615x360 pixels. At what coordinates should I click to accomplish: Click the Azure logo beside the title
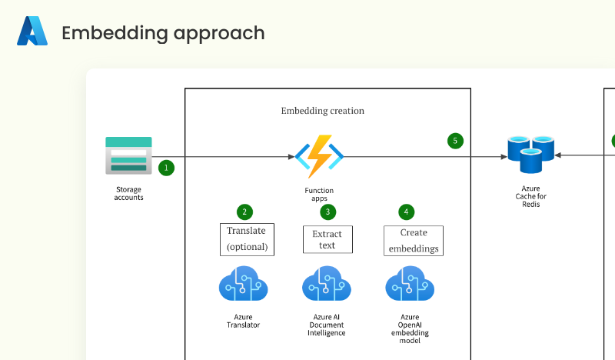[32, 32]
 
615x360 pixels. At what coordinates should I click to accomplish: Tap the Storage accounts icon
[128, 155]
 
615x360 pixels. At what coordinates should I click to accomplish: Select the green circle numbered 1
[166, 166]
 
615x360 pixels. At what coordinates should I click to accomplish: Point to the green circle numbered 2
[244, 212]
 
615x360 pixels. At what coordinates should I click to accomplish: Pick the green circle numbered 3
[327, 212]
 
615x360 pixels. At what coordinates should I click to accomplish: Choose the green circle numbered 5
[455, 141]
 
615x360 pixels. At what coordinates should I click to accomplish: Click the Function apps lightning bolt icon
[319, 156]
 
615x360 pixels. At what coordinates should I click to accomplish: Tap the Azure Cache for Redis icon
[530, 155]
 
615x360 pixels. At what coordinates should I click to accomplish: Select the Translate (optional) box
[247, 238]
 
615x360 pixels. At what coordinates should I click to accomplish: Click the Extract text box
[327, 239]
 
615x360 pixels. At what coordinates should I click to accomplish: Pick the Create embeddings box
[414, 240]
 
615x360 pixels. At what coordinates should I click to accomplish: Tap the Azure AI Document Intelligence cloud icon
[327, 285]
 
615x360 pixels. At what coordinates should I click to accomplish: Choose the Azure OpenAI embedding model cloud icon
[410, 285]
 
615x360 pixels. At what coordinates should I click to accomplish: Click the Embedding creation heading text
[322, 111]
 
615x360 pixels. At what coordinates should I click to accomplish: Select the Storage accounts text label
[128, 193]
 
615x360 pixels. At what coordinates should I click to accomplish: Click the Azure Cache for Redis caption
[530, 196]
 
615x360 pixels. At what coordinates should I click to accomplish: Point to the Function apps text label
[319, 194]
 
